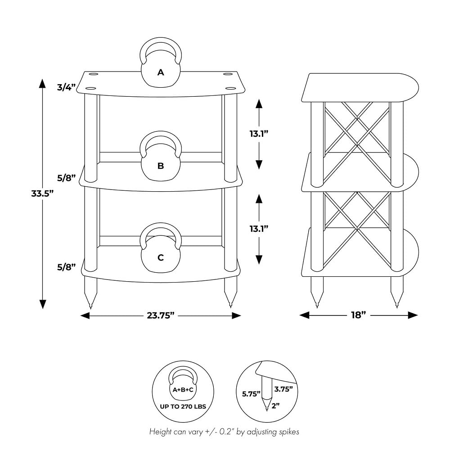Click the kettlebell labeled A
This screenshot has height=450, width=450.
[161, 62]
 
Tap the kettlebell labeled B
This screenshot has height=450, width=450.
[161, 157]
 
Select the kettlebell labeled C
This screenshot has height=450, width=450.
[161, 248]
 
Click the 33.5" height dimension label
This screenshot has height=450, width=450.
[42, 193]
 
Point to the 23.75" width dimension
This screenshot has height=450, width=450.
[161, 315]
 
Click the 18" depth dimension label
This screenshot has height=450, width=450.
[359, 315]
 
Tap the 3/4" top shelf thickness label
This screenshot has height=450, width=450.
[66, 87]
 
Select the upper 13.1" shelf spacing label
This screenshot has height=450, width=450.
[259, 134]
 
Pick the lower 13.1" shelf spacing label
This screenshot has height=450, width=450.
[259, 229]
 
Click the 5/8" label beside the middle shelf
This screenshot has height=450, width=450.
[66, 178]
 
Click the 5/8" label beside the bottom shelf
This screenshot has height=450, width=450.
[66, 267]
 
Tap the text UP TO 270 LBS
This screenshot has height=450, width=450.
[183, 406]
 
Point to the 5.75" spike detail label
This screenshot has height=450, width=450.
[251, 394]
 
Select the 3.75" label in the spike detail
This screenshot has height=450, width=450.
[283, 389]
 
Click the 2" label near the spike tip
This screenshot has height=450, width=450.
[275, 406]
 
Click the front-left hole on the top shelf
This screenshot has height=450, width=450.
[90, 88]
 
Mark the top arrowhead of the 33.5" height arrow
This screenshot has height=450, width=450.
[42, 84]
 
